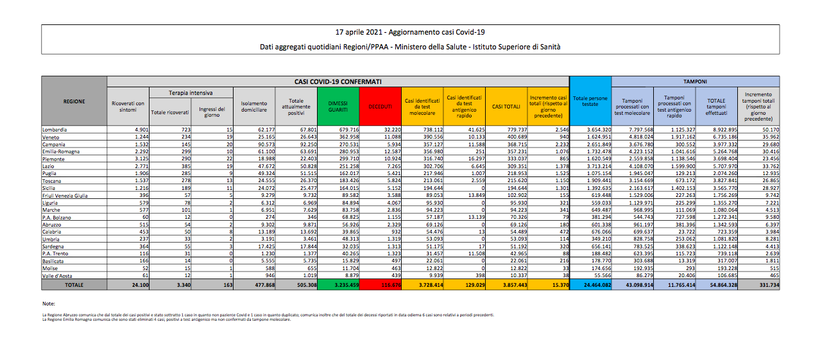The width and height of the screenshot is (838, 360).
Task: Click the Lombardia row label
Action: click(x=55, y=130)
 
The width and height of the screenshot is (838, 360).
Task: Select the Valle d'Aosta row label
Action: click(x=57, y=275)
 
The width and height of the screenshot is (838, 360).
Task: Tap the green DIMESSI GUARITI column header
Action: click(x=338, y=106)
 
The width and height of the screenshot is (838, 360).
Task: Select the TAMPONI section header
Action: click(x=696, y=81)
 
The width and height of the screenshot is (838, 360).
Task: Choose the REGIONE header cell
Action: click(x=74, y=101)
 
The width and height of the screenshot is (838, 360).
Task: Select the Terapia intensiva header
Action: click(x=191, y=93)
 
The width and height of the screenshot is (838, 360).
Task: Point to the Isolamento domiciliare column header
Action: click(x=254, y=106)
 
